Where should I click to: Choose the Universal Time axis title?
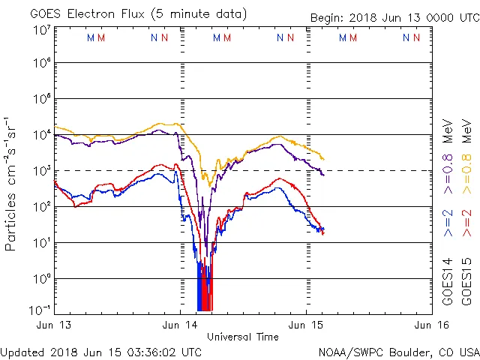(243, 337)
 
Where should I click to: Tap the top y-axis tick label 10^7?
(40, 29)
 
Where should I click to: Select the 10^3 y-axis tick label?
(40, 171)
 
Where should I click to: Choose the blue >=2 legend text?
(447, 223)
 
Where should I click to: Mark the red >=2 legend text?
(466, 223)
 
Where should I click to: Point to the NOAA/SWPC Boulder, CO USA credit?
(398, 352)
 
